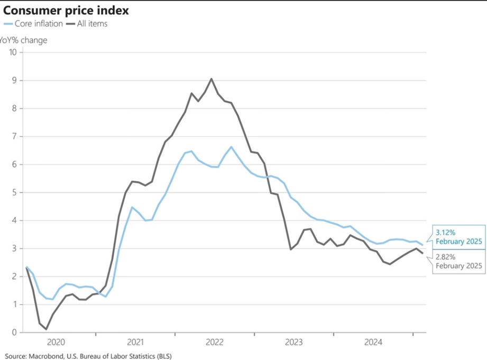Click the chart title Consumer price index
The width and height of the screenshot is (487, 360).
tap(66, 10)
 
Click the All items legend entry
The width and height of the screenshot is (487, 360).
tap(88, 24)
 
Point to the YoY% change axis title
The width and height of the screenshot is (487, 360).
tap(23, 40)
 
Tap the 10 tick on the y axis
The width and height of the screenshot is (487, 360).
tap(13, 52)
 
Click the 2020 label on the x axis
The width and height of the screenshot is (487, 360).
tap(56, 342)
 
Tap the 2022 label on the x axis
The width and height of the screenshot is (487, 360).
tap(214, 342)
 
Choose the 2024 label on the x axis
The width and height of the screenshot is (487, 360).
tap(373, 342)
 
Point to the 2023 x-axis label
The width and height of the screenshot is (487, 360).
tap(293, 342)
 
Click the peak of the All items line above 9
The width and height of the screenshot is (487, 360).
tap(212, 79)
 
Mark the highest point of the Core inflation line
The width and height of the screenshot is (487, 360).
tap(231, 146)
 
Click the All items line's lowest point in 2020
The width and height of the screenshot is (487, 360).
tap(46, 329)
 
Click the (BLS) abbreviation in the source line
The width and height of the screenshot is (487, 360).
tap(162, 356)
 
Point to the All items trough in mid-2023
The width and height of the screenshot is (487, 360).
tap(290, 249)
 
